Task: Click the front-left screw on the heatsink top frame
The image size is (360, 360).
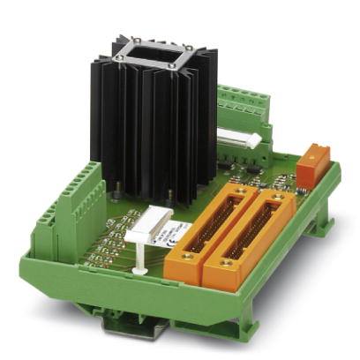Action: tap(118, 59)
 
